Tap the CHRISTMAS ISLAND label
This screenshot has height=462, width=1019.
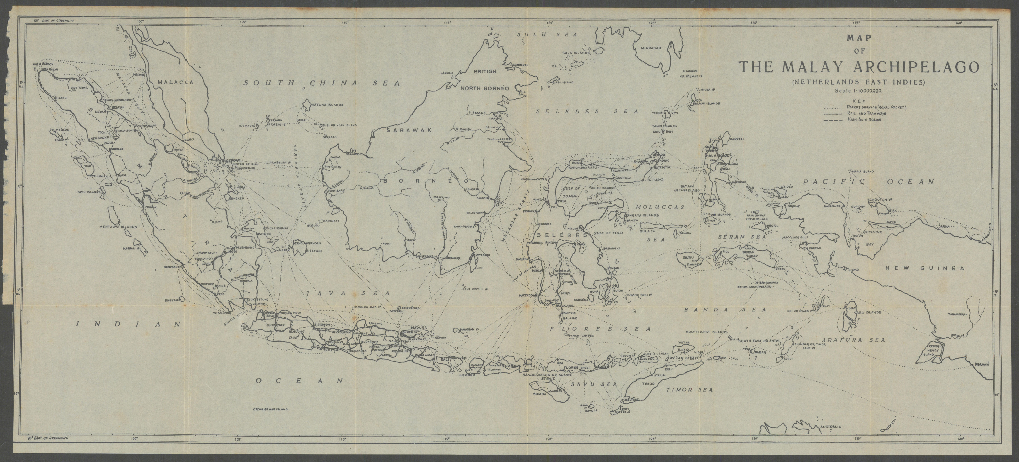coord(271,410)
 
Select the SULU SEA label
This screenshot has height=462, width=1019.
coord(548,35)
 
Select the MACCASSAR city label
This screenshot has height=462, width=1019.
coord(528,295)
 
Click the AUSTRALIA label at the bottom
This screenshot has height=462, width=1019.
coord(830,427)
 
